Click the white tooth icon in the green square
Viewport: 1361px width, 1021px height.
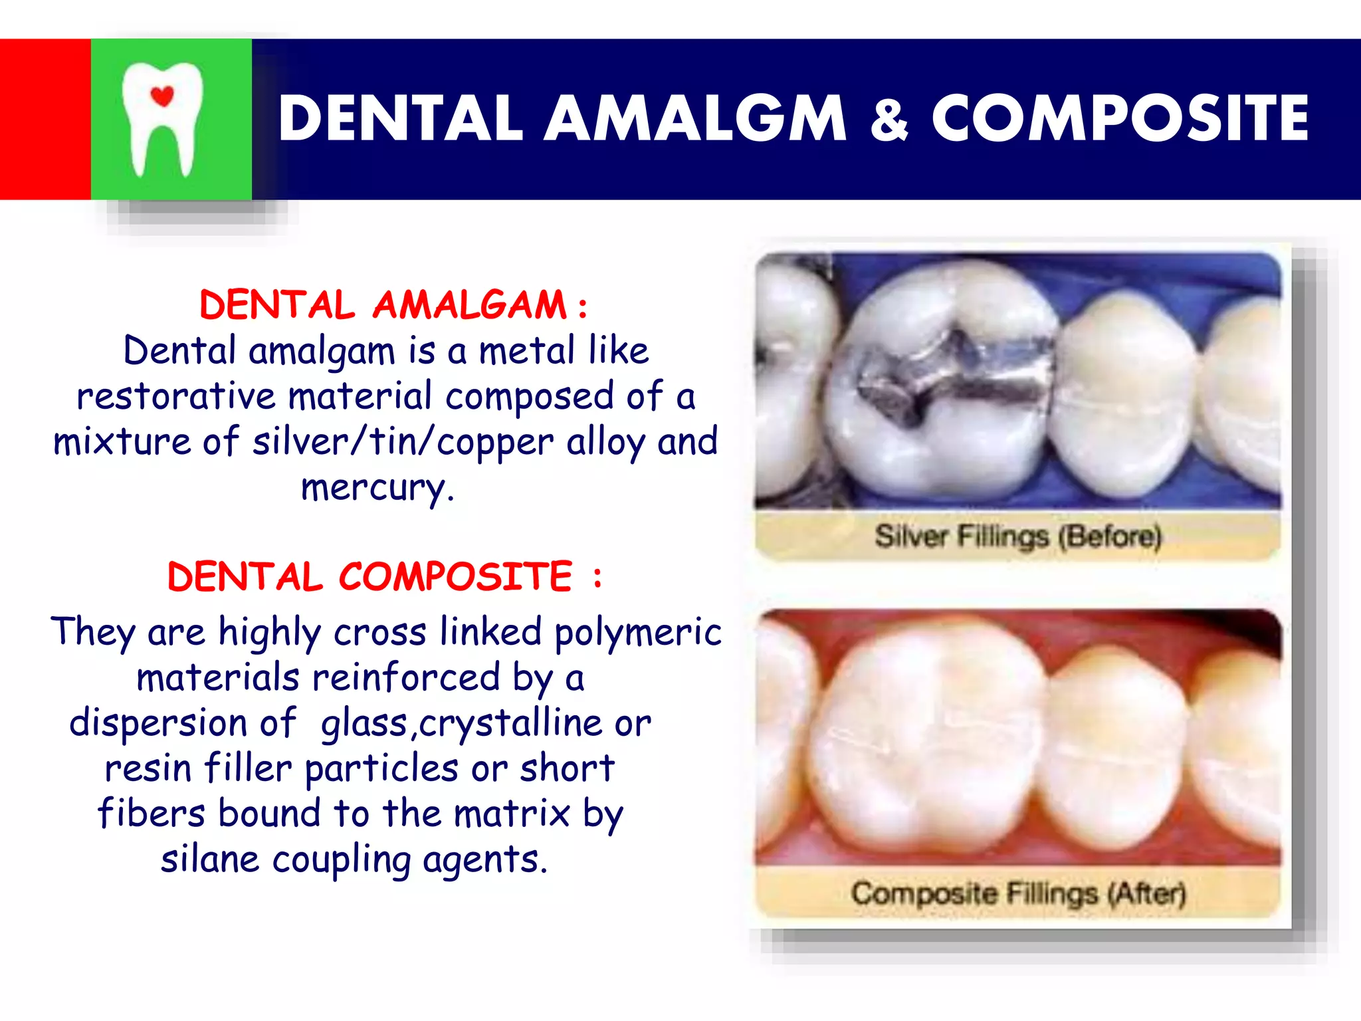[162, 120]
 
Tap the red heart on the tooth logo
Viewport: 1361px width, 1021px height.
[162, 96]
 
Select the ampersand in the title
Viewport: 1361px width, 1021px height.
[889, 120]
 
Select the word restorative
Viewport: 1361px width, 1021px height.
[175, 397]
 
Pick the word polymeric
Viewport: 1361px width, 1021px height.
[638, 632]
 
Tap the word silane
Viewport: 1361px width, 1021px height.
[210, 859]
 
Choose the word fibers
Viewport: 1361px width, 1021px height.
[152, 814]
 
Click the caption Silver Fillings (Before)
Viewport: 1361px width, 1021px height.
[1017, 536]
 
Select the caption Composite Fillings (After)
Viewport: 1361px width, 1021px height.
[1017, 893]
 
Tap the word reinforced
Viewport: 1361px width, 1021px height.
[405, 678]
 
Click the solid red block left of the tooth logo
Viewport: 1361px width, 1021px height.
[45, 120]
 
